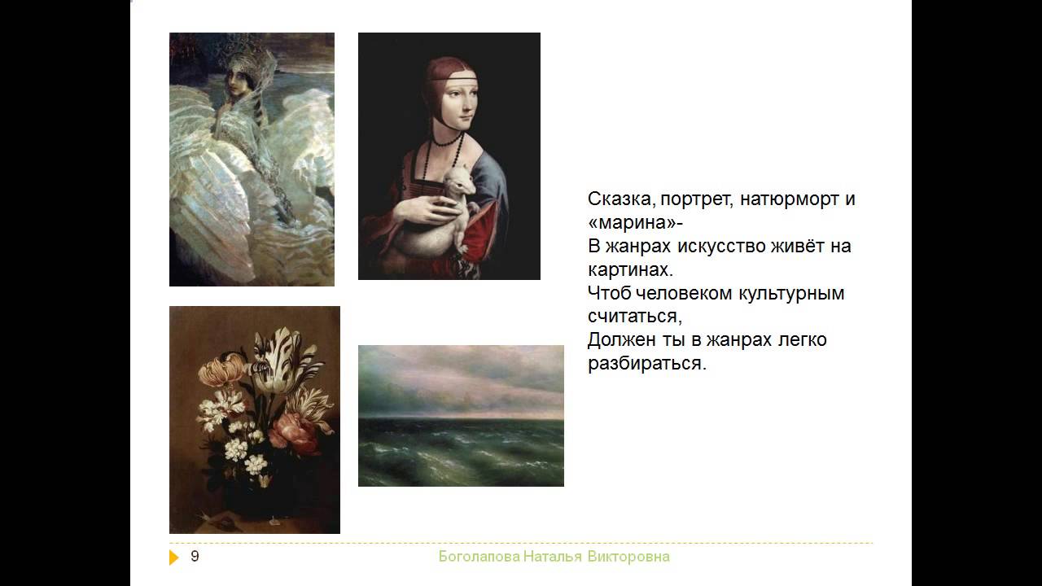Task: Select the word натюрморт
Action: tap(790, 199)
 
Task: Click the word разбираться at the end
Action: tap(646, 363)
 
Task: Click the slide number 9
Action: tap(195, 556)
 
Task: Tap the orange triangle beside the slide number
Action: tap(174, 558)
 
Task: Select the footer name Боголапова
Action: tap(479, 557)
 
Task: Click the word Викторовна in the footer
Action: tap(628, 557)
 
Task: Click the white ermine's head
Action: tap(461, 181)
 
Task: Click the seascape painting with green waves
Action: tap(461, 416)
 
